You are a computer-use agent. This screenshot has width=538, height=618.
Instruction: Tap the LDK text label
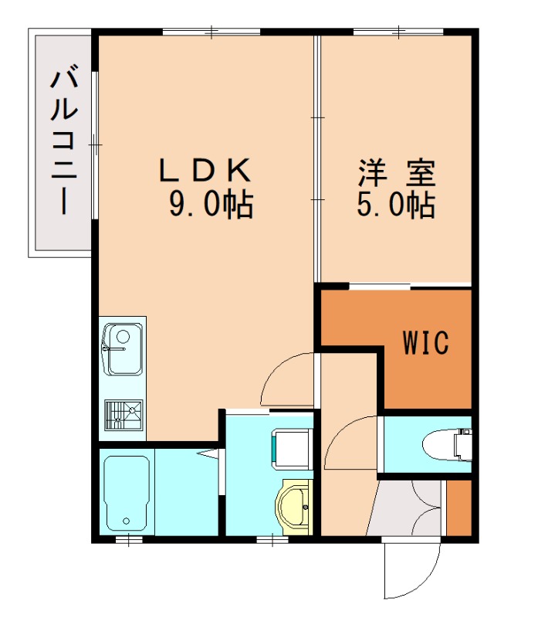click(x=205, y=169)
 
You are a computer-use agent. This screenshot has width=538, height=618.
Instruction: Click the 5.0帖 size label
click(x=394, y=204)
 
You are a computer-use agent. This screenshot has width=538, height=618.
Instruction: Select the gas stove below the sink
click(x=124, y=416)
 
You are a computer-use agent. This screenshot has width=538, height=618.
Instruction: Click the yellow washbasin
click(x=293, y=505)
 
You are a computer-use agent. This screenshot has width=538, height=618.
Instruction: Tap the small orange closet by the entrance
click(x=460, y=507)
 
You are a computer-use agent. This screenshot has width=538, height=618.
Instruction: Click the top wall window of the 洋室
click(x=398, y=32)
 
